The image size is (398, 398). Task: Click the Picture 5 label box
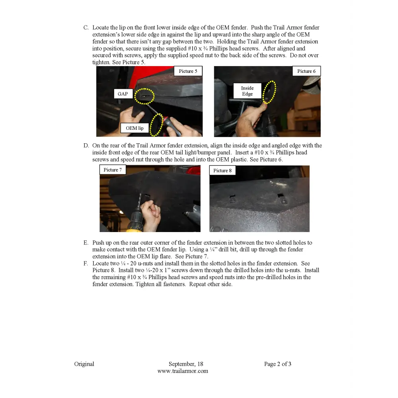tap(188, 71)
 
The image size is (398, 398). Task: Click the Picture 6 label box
tap(306, 71)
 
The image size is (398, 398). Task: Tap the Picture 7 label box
tap(113, 170)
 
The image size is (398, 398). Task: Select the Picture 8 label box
tap(222, 170)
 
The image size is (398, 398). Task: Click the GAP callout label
tap(123, 94)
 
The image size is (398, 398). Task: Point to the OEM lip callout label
tap(135, 128)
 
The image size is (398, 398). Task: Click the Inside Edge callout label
tap(247, 91)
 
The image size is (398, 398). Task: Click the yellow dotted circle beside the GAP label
tap(144, 96)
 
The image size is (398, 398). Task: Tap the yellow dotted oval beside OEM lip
tap(156, 125)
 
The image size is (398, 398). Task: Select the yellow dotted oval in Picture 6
tap(269, 92)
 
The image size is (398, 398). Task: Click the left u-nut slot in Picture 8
tap(233, 198)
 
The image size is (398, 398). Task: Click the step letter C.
tap(86, 28)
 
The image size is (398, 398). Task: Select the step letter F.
tap(86, 263)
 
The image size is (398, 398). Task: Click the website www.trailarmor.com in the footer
tap(183, 371)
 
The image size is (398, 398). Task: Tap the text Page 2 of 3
tap(277, 364)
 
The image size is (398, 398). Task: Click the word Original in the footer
tap(84, 364)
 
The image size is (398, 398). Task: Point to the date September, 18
tap(185, 364)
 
